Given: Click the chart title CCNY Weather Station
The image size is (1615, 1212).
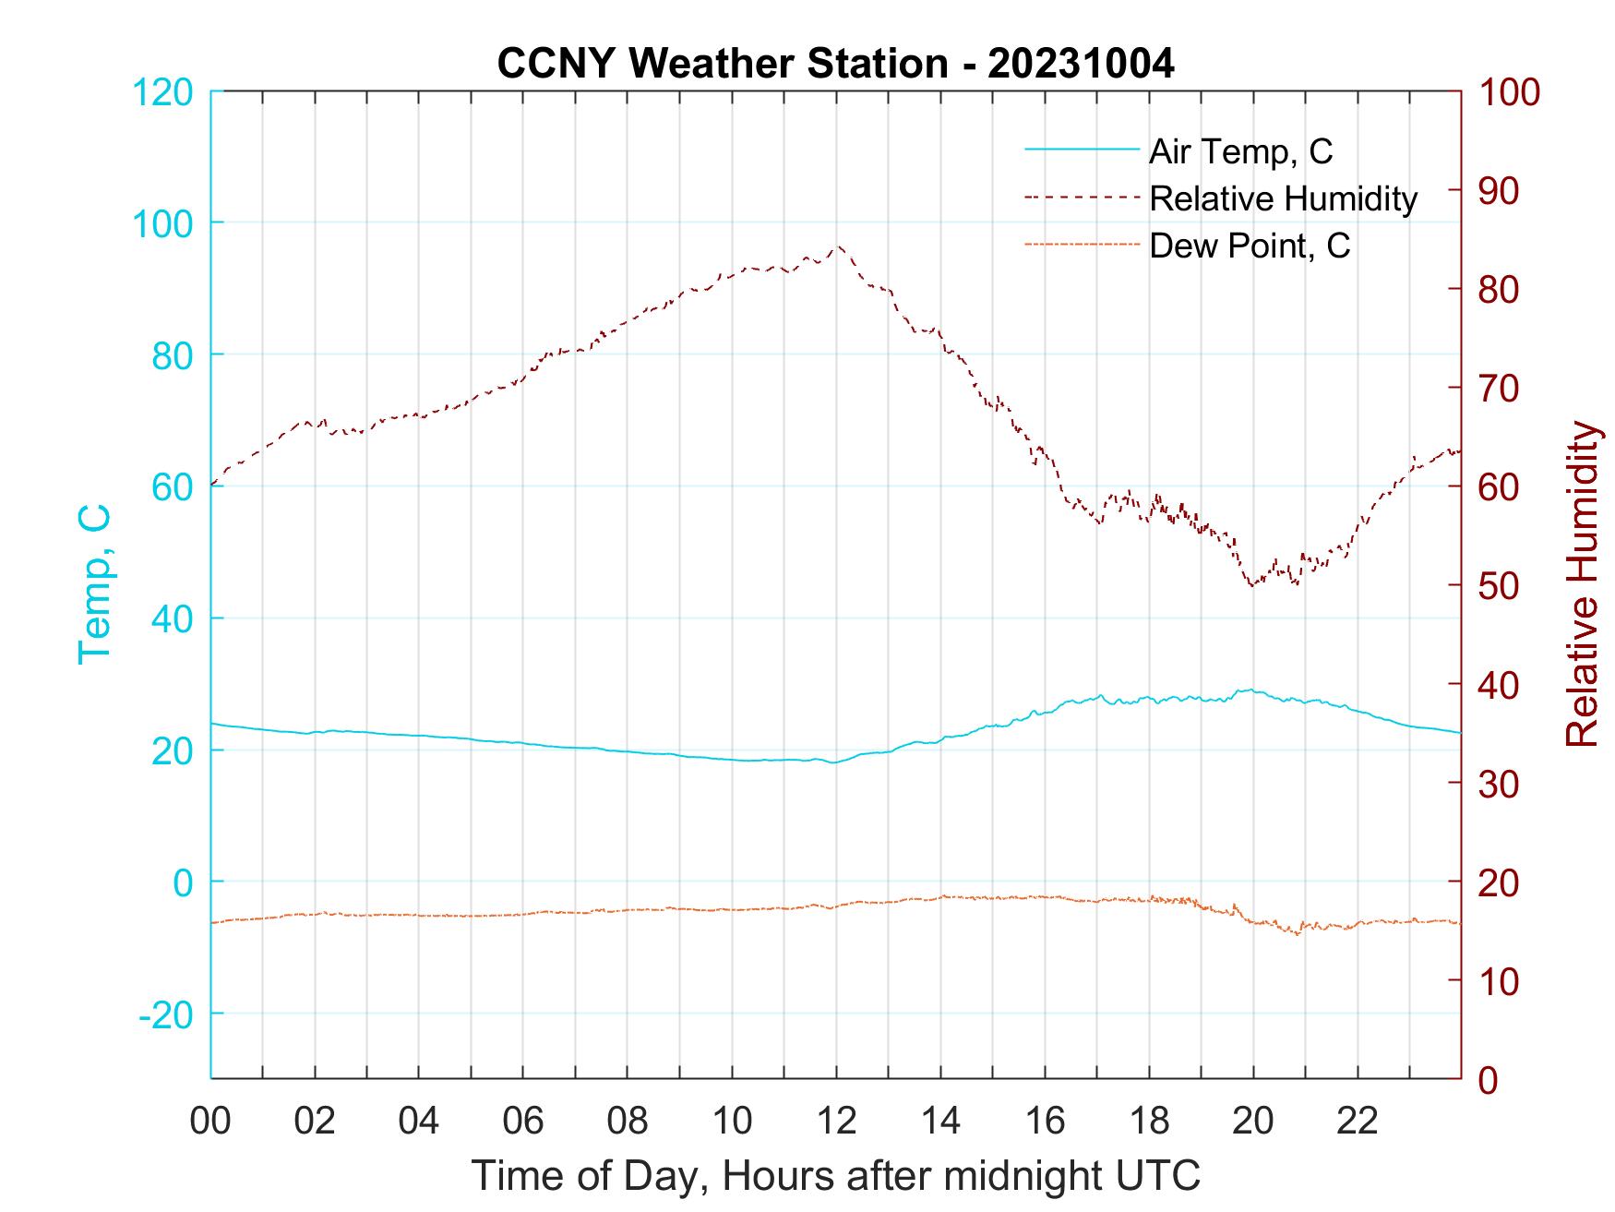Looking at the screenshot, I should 835,64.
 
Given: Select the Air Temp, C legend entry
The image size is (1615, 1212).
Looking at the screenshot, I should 1240,151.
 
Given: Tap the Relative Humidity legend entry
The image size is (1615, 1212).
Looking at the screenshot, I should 1283,198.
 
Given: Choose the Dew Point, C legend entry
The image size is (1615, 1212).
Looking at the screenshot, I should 1250,246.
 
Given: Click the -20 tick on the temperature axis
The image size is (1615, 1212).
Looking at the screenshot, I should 166,1014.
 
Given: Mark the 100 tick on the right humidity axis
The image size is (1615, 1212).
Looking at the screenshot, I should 1509,92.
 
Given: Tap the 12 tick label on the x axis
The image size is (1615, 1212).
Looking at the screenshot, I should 836,1121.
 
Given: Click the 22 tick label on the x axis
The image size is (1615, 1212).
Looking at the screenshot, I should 1358,1121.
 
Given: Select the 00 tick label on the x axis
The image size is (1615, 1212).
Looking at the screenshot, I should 210,1121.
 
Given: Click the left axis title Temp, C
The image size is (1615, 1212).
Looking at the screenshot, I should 94,584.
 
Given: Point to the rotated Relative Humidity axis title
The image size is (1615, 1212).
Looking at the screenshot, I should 1582,584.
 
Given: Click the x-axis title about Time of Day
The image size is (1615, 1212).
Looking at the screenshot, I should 836,1176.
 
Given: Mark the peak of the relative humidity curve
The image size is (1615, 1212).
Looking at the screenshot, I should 839,246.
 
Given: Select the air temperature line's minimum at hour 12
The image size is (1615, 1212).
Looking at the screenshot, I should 833,762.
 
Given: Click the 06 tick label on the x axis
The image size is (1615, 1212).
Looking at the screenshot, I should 523,1121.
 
